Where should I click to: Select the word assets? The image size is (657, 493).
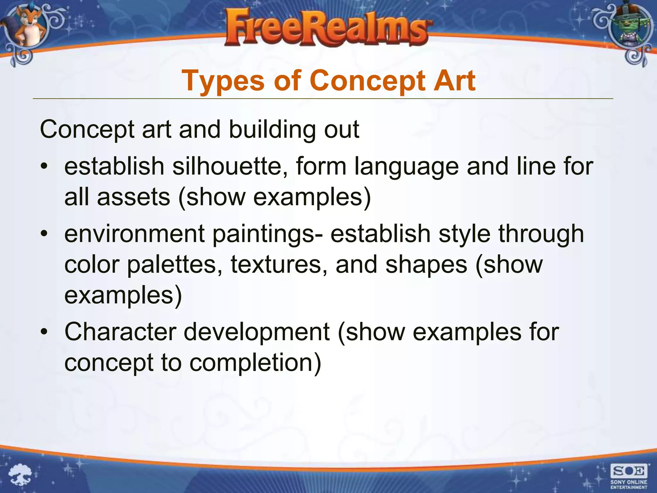click(133, 197)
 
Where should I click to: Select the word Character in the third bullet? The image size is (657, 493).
click(120, 332)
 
